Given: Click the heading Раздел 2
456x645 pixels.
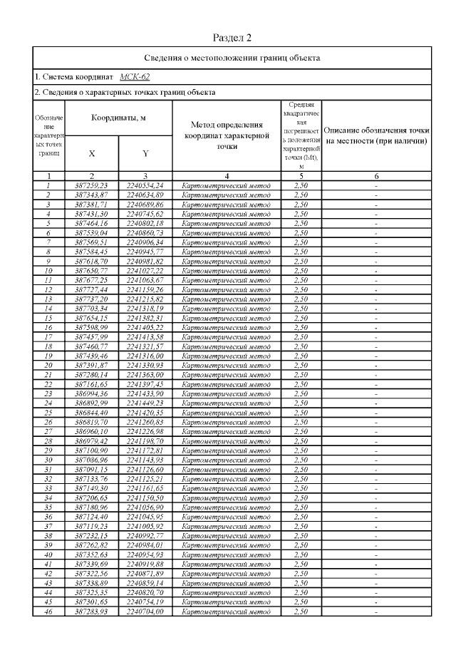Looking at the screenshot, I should [232, 37].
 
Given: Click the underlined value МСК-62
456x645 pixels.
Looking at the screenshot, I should [135, 76].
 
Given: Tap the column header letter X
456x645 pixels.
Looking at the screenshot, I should [92, 153].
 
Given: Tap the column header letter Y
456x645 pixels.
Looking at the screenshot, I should [145, 153].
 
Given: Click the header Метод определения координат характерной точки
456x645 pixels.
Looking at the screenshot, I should [226, 135].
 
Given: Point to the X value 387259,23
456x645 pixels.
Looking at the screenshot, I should [92, 185].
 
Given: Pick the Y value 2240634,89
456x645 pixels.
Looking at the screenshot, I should [145, 195].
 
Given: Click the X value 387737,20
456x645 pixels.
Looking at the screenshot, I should [92, 299].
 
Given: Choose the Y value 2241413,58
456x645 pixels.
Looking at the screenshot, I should [145, 336].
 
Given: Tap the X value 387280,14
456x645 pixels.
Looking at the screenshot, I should [92, 374].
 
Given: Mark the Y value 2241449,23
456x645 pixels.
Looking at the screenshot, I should [145, 402].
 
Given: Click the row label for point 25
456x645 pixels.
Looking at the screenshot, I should [48, 411].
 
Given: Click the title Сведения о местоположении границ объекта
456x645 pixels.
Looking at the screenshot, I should [232, 58].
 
